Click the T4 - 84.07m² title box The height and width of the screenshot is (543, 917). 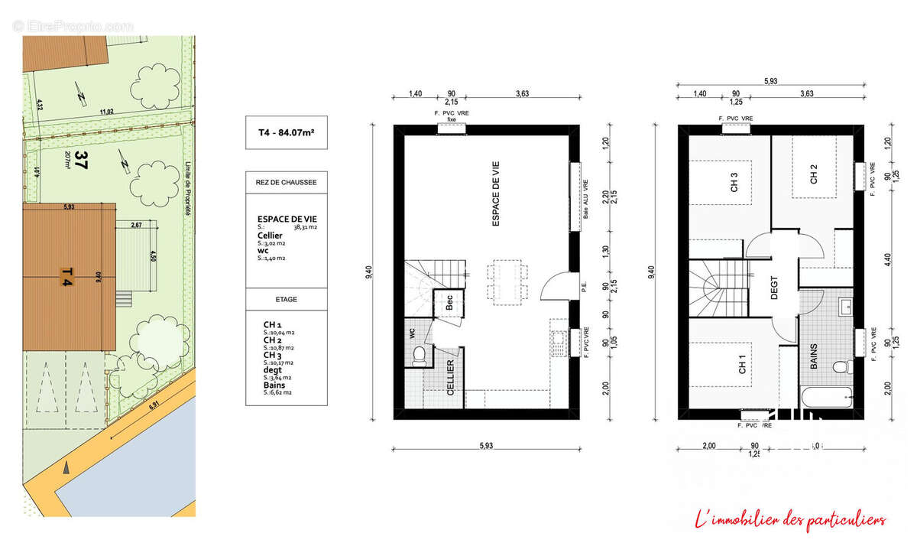coord(286,132)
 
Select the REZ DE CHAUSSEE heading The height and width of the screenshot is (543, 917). coord(286,182)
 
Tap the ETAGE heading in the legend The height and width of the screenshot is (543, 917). coord(286,299)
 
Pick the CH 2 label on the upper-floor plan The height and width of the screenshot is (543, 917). coord(814,174)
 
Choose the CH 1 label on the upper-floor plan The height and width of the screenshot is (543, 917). coord(742,366)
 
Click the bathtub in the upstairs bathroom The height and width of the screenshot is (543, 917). coord(826,397)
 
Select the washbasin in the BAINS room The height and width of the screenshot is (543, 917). coord(847,307)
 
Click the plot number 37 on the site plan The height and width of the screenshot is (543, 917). coord(82,161)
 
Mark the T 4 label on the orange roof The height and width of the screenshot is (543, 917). coord(66,275)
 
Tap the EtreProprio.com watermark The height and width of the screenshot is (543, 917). coord(73,26)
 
